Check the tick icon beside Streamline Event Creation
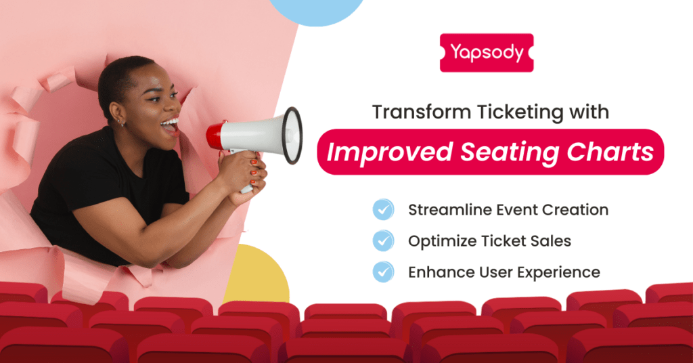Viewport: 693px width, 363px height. point(383,210)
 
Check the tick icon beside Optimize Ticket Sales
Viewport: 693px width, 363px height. point(383,240)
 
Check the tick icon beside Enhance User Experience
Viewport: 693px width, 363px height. point(383,272)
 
